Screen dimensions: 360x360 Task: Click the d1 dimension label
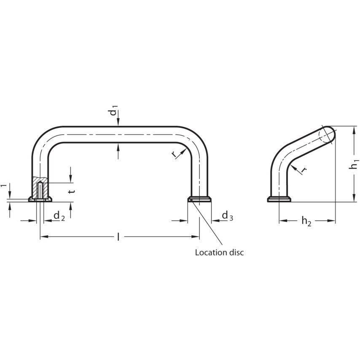coord(114,110)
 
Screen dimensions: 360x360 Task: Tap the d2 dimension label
coord(59,216)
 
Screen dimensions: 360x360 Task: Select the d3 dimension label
coord(228,216)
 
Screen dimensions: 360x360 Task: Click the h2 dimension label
coord(306,221)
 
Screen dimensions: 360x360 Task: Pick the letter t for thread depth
coord(72,191)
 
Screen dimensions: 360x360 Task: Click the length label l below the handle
coord(118,237)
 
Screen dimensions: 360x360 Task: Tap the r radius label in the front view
coord(175,155)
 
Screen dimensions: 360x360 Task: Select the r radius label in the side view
coord(304,169)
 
